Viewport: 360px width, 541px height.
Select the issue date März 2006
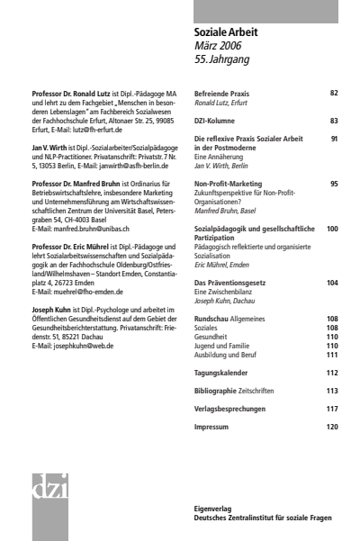click(218, 45)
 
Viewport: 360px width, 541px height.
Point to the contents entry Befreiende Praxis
click(221, 93)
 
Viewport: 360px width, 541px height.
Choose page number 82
click(334, 93)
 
